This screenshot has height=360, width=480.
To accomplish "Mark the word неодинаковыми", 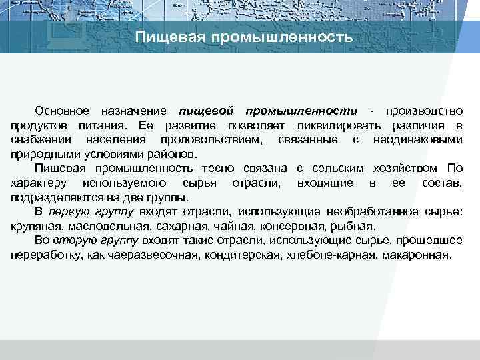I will point(418,140).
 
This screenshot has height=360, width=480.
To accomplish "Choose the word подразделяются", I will point(55,197).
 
